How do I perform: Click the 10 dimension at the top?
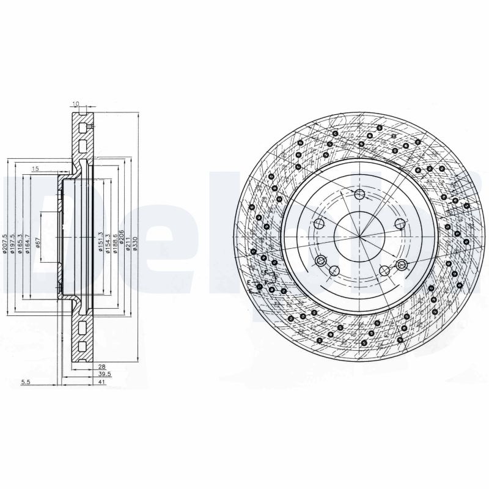[75, 105]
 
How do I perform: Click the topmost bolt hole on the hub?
[359, 194]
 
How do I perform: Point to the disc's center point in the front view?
[359, 236]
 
